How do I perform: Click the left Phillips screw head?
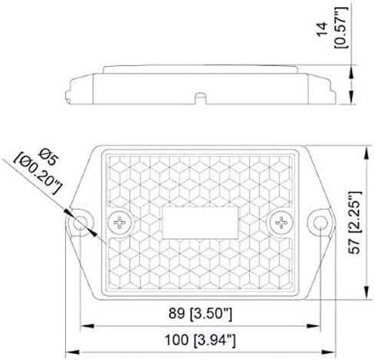120,223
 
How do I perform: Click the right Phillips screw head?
281,223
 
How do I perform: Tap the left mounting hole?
80,223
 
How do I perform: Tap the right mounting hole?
320,223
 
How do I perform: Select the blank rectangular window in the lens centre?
201,223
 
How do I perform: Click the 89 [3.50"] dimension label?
201,313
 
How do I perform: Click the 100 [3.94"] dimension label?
200,341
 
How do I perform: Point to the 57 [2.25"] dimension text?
355,223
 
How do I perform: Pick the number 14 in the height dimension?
322,29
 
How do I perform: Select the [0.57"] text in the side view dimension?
342,28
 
